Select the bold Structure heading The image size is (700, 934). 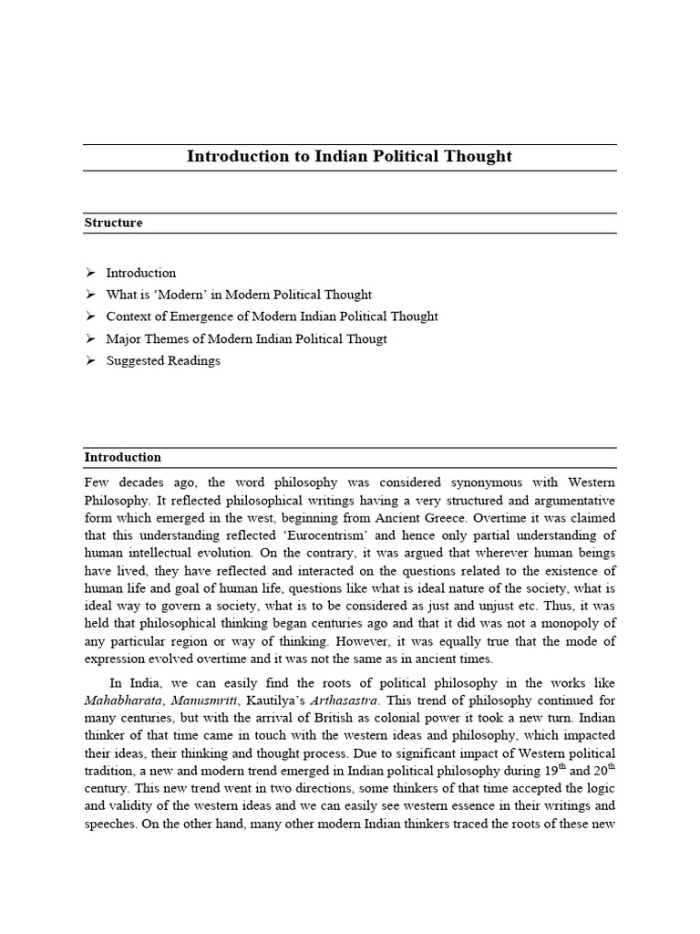113,223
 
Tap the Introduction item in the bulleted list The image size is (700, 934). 140,273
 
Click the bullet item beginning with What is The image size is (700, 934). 239,295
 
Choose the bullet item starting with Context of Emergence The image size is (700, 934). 272,317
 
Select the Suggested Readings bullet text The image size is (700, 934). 162,360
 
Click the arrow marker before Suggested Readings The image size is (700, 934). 90,360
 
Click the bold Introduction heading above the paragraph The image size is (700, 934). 122,457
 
